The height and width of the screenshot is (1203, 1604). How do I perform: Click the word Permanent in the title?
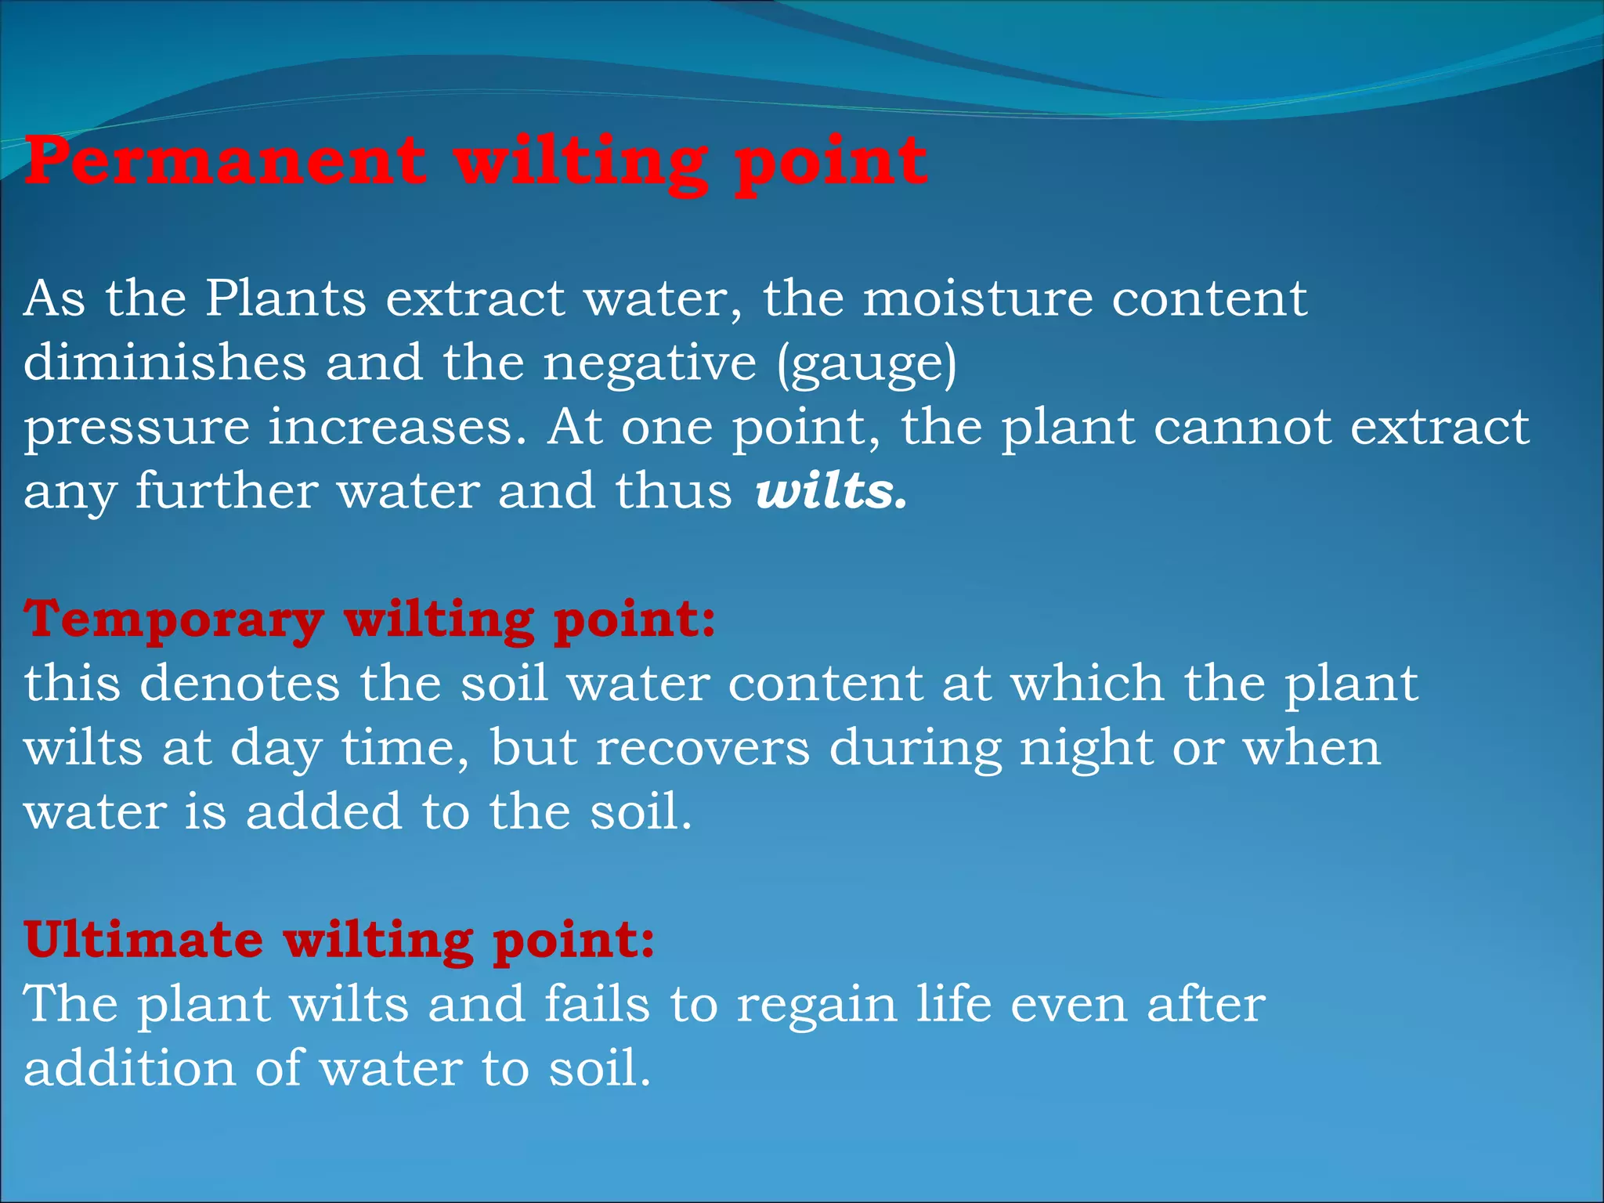coord(226,163)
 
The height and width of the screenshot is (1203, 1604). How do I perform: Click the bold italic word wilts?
coord(830,492)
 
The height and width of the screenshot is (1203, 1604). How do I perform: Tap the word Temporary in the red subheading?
coord(174,620)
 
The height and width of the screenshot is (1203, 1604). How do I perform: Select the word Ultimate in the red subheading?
coord(143,940)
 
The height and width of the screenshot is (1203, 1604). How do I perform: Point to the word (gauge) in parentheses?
coord(867,365)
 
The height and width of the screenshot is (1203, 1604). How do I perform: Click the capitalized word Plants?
coord(286,299)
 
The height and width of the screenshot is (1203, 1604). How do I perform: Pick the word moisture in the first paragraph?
coord(977,299)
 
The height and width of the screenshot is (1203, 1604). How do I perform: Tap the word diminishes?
coord(164,363)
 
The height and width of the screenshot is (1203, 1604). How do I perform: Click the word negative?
coord(650,363)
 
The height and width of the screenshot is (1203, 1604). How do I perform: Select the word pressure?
coord(136,429)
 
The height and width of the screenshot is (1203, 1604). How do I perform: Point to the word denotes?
coord(240,683)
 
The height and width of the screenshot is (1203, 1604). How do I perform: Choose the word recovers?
coord(703,748)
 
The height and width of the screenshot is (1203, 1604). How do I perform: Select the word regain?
coord(816,1006)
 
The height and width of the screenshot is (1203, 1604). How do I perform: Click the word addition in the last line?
coord(129,1068)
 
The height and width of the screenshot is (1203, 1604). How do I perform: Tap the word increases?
coord(397,428)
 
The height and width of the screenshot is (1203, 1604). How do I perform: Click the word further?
coord(227,492)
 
